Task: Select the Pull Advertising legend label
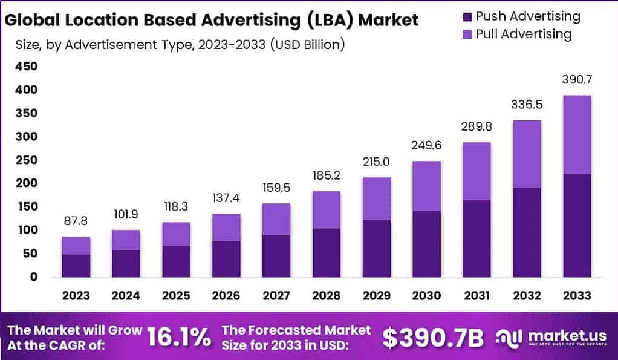523,34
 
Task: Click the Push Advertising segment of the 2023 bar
76,266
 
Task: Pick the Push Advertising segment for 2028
327,252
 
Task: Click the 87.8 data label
76,221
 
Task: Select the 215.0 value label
377,162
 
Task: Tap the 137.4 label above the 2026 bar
226,198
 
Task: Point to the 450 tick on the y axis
26,67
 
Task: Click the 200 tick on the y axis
26,183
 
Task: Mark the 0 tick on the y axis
34,277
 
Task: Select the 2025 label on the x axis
176,296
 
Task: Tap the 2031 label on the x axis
477,296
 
